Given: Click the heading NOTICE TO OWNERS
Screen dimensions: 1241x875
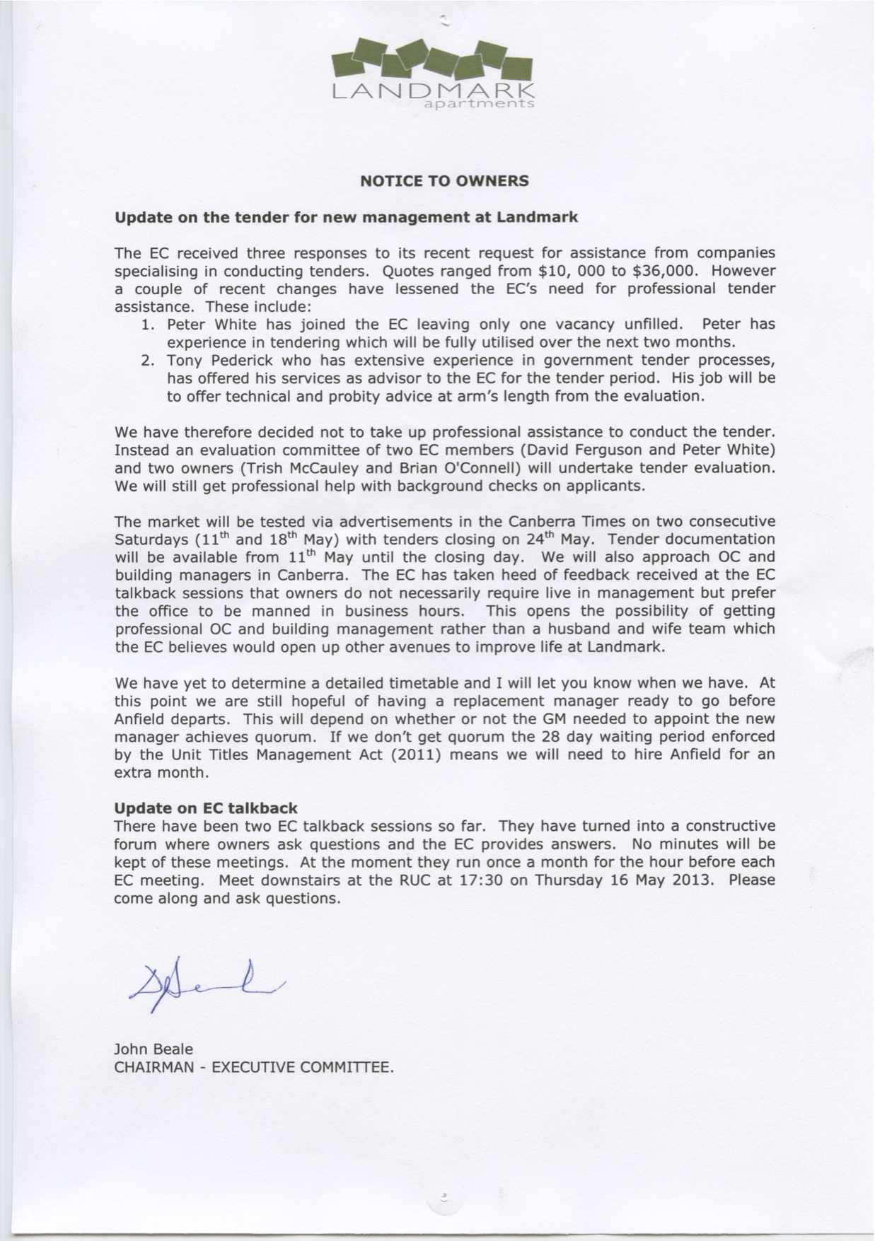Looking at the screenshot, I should (444, 180).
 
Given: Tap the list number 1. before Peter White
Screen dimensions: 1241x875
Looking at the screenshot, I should (148, 325).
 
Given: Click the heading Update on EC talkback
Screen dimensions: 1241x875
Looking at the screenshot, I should (206, 808).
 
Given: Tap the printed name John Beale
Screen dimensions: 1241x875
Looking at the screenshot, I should (153, 1049).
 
